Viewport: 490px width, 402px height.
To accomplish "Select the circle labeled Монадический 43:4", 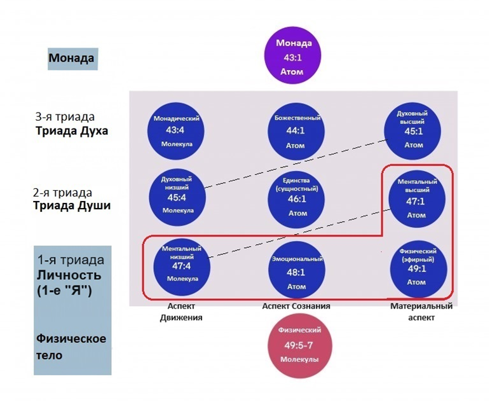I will (179, 131).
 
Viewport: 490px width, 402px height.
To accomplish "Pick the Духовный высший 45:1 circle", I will (414, 131).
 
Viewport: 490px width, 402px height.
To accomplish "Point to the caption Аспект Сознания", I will (296, 307).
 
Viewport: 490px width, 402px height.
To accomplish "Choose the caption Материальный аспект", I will (422, 312).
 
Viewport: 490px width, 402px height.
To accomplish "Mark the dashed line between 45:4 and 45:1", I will (296, 162).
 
